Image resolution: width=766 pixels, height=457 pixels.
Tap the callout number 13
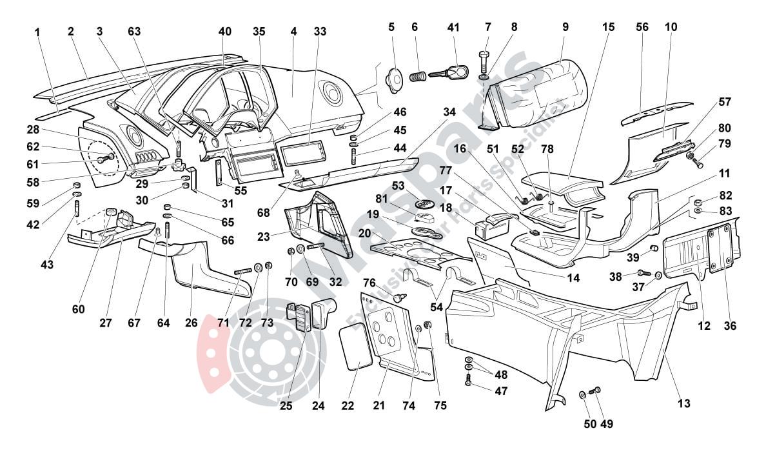pyautogui.click(x=684, y=403)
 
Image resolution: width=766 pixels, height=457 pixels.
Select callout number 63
pyautogui.click(x=134, y=31)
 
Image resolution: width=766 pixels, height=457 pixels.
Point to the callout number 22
pyautogui.click(x=348, y=406)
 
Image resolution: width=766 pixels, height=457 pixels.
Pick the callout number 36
pyautogui.click(x=729, y=326)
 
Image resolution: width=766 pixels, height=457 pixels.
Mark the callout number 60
pyautogui.click(x=78, y=309)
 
